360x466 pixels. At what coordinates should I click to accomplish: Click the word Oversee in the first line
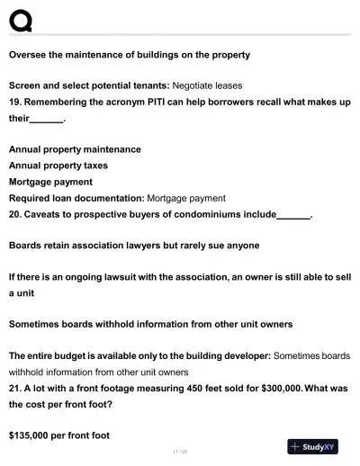point(29,55)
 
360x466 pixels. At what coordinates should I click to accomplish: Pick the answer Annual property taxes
point(58,166)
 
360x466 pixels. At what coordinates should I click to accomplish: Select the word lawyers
point(156,245)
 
